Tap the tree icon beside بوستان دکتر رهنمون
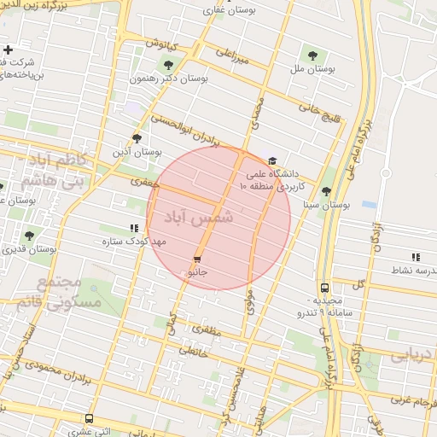(167, 64)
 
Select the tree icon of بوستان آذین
(137, 137)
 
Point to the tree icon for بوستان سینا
(326, 191)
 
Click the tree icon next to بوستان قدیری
(30, 235)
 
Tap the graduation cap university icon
(272, 160)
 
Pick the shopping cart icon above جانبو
(197, 259)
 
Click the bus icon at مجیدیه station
(324, 288)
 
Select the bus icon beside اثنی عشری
(89, 418)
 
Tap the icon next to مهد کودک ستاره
(133, 228)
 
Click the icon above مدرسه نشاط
(416, 256)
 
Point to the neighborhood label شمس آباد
(202, 218)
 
